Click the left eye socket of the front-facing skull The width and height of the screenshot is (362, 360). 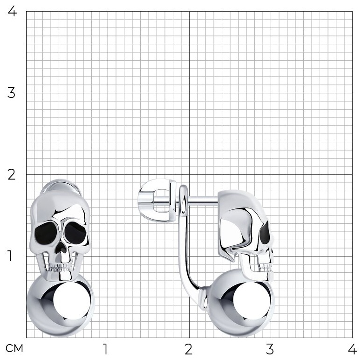pos(46,233)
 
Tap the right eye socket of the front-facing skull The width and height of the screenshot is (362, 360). pos(75,233)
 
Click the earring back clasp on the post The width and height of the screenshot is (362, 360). pos(157,201)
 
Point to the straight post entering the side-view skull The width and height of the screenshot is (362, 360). pos(203,201)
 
